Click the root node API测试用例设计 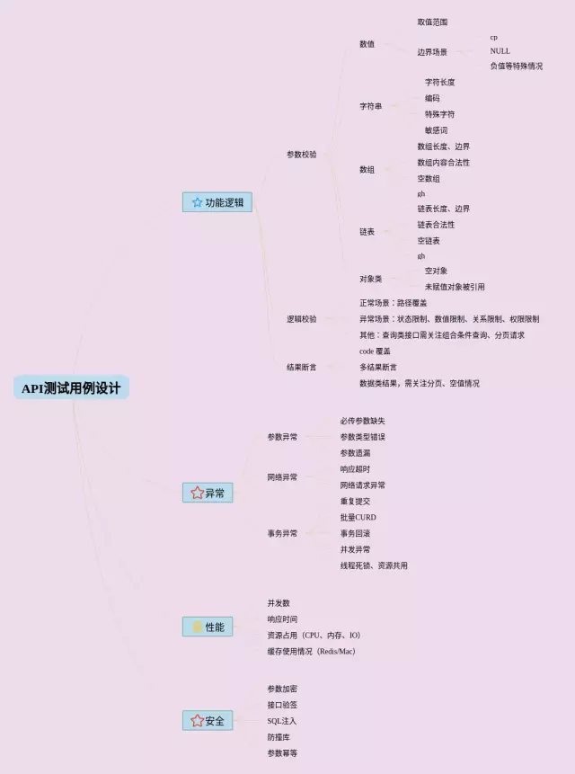[71, 388]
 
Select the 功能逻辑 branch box [217, 202]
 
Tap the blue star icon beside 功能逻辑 [197, 202]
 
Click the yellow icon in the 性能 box [197, 627]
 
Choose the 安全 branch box [208, 721]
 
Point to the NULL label [500, 51]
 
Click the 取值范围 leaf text [432, 22]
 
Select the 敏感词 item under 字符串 [436, 130]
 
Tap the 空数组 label [429, 179]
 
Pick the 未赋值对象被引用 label [455, 287]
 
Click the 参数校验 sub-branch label [301, 155]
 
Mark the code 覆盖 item [375, 351]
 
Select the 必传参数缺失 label [362, 421]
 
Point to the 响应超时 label [355, 469]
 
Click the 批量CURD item [358, 518]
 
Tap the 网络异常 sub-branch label [282, 477]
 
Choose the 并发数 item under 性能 [279, 603]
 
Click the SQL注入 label [281, 721]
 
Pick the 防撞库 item [279, 737]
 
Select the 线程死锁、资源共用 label [373, 565]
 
